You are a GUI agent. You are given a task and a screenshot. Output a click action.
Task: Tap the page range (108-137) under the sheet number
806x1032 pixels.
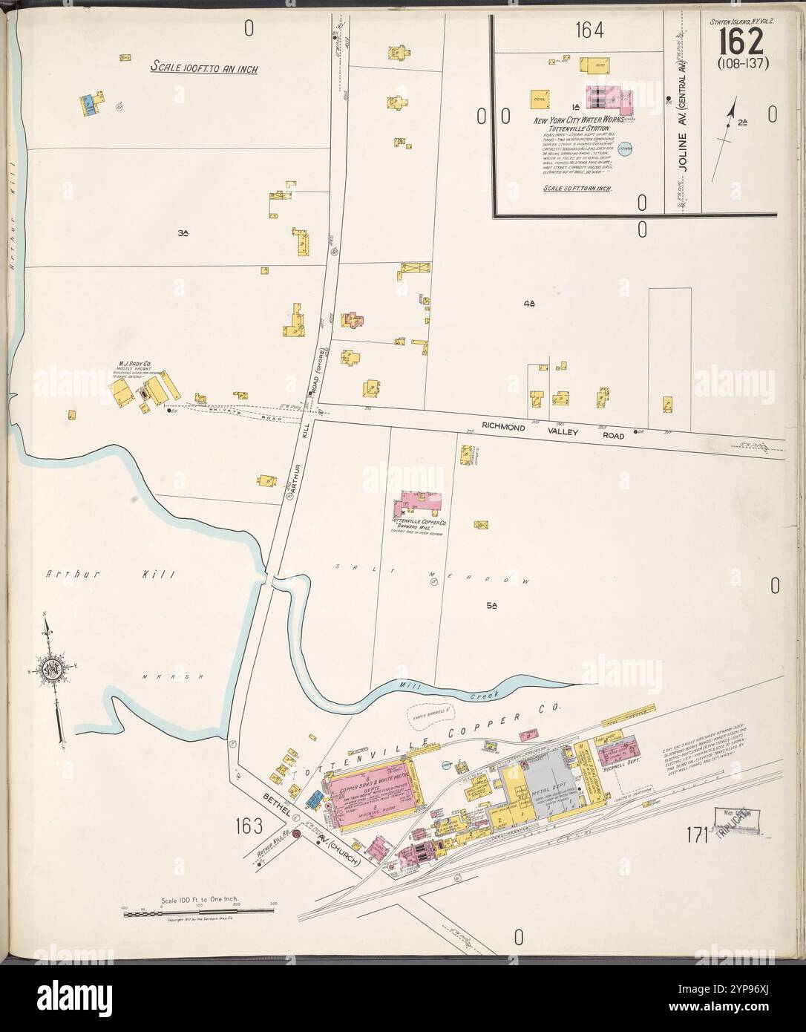pos(743,62)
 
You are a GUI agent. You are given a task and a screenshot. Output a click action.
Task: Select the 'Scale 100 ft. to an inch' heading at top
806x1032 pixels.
pos(198,67)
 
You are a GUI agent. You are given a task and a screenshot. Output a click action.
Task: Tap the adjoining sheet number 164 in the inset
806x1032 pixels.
pos(589,30)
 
